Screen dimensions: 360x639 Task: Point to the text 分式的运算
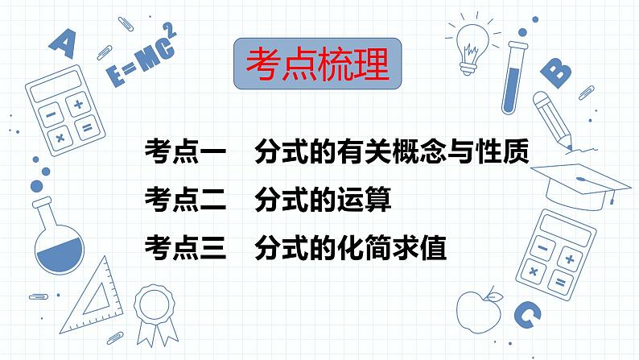tap(322, 198)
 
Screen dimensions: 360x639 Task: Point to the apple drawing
tap(475, 306)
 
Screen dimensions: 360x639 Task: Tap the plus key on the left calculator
tap(78, 105)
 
